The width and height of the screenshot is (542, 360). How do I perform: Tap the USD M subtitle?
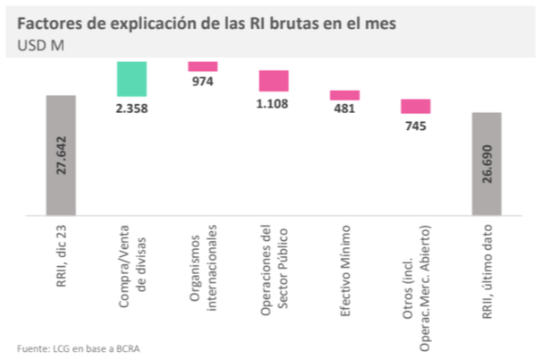pyautogui.click(x=39, y=45)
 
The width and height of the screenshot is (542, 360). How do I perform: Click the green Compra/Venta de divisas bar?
pyautogui.click(x=131, y=79)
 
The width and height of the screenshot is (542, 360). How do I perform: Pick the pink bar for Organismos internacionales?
pyautogui.click(x=203, y=66)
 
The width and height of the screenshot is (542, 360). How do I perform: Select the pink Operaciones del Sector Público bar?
pyautogui.click(x=273, y=80)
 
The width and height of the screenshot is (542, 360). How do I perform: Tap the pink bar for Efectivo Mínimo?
pyautogui.click(x=345, y=95)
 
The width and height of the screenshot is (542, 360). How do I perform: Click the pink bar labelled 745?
pyautogui.click(x=416, y=106)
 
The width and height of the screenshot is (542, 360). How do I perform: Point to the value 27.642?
pyautogui.click(x=61, y=155)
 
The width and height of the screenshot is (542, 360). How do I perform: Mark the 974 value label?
pyautogui.click(x=203, y=82)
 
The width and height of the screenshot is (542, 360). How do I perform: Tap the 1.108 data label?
pyautogui.click(x=274, y=103)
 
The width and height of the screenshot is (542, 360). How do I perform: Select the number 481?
pyautogui.click(x=345, y=109)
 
